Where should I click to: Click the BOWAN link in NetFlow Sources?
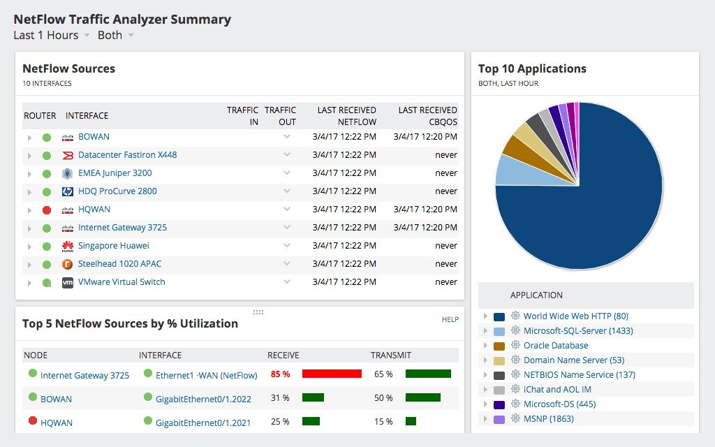pyautogui.click(x=94, y=137)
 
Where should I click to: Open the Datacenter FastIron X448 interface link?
pyautogui.click(x=127, y=155)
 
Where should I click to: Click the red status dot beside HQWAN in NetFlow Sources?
pyautogui.click(x=47, y=210)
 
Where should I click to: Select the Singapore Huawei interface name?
pyautogui.click(x=113, y=246)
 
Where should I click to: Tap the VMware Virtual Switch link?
pyautogui.click(x=121, y=282)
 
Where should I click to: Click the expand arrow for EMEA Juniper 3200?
pyautogui.click(x=29, y=174)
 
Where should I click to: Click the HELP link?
pyautogui.click(x=450, y=319)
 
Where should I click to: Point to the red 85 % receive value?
pyautogui.click(x=280, y=374)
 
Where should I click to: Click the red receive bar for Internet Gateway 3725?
pyautogui.click(x=332, y=374)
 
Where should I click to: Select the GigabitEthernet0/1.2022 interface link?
pyautogui.click(x=203, y=399)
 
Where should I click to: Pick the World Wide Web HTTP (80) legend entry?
pyautogui.click(x=575, y=316)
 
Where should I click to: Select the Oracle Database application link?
pyautogui.click(x=556, y=346)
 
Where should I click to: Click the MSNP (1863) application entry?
pyautogui.click(x=548, y=419)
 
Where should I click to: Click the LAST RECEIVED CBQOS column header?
pyautogui.click(x=427, y=116)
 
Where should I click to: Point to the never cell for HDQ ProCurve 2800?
pyautogui.click(x=445, y=191)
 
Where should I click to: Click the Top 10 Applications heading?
pyautogui.click(x=532, y=68)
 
